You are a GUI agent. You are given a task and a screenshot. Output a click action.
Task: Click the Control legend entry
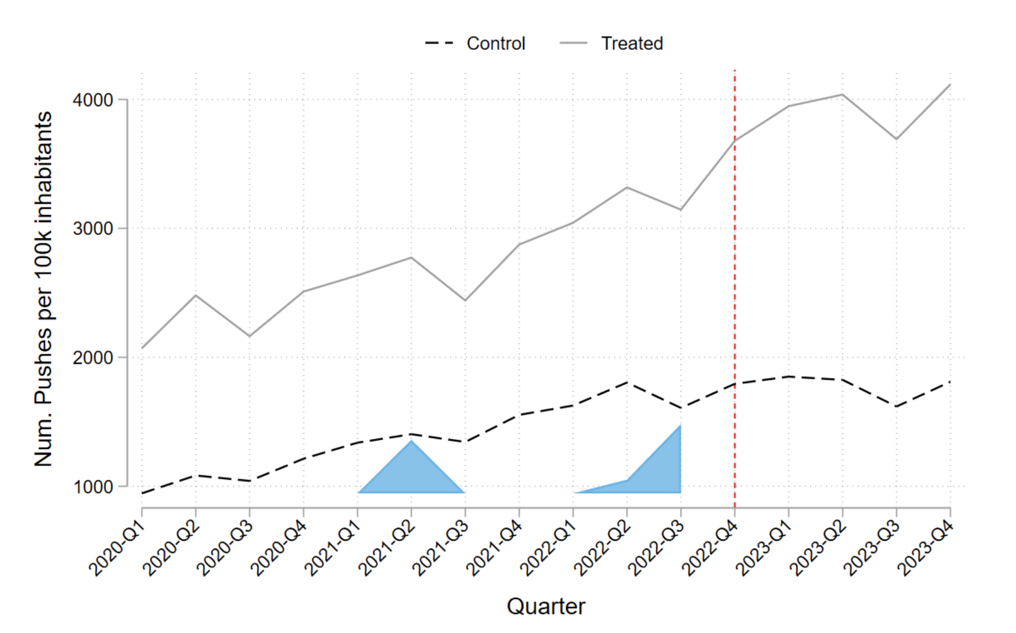tap(475, 43)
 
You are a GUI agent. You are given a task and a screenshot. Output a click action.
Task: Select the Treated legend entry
tap(612, 43)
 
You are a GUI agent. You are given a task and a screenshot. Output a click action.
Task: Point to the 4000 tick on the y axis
tap(93, 100)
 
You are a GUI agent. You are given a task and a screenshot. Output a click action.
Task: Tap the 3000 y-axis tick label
tap(93, 229)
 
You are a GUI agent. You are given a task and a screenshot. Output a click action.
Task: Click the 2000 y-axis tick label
tap(93, 357)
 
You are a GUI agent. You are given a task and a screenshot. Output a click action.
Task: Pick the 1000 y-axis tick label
tap(93, 486)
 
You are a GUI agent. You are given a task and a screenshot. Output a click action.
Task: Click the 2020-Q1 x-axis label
tap(116, 549)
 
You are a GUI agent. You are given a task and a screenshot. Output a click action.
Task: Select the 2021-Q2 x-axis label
tap(386, 549)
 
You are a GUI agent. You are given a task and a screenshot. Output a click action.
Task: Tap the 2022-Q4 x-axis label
tap(709, 549)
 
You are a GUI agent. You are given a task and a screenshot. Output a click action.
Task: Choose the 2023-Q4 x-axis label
tap(925, 549)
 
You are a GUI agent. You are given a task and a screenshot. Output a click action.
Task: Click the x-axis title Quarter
tap(546, 607)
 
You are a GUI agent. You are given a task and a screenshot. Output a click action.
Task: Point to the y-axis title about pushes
tap(43, 289)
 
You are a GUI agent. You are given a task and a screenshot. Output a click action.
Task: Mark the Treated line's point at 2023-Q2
tap(843, 95)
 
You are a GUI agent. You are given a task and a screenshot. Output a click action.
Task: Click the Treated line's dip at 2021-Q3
tap(465, 301)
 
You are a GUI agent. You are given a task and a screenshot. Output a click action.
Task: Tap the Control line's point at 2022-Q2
tap(627, 382)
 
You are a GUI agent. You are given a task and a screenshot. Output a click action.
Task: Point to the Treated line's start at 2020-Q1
tap(142, 348)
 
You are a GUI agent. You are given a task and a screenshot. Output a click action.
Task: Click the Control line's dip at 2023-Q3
tap(896, 407)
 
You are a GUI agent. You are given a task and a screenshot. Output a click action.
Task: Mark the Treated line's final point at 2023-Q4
tap(950, 84)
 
